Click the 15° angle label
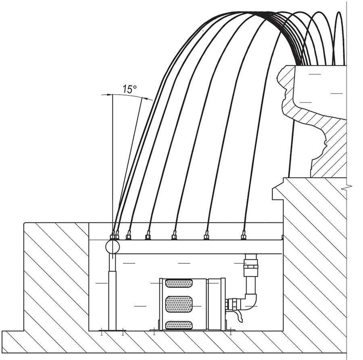point(129,89)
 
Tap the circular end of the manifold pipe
point(113,247)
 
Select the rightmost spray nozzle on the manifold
point(243,235)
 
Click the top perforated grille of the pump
point(179,283)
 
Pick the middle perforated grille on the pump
point(179,304)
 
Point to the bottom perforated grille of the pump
point(179,325)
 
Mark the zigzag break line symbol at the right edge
point(347,187)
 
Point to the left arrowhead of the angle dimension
point(105,95)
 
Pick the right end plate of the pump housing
point(223,304)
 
